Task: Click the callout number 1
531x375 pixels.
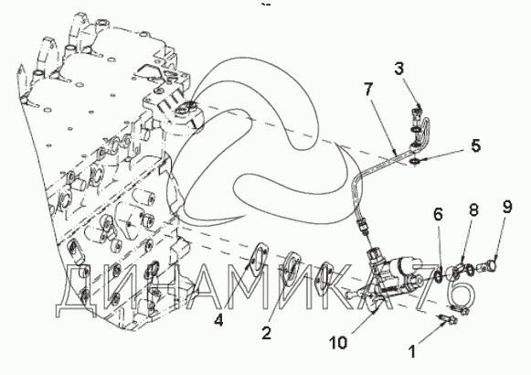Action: (412, 351)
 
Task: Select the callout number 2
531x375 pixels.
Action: (267, 333)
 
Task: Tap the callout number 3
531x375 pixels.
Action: (399, 69)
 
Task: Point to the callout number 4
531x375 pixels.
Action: (218, 319)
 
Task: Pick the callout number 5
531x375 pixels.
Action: (476, 145)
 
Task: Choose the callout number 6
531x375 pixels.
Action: (438, 214)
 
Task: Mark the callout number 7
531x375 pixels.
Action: (368, 89)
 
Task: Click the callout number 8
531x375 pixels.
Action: (473, 209)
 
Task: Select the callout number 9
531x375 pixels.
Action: (507, 207)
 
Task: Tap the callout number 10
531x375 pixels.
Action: (338, 342)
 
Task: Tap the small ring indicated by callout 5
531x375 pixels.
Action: (415, 162)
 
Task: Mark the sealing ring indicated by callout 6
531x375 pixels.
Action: (437, 274)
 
